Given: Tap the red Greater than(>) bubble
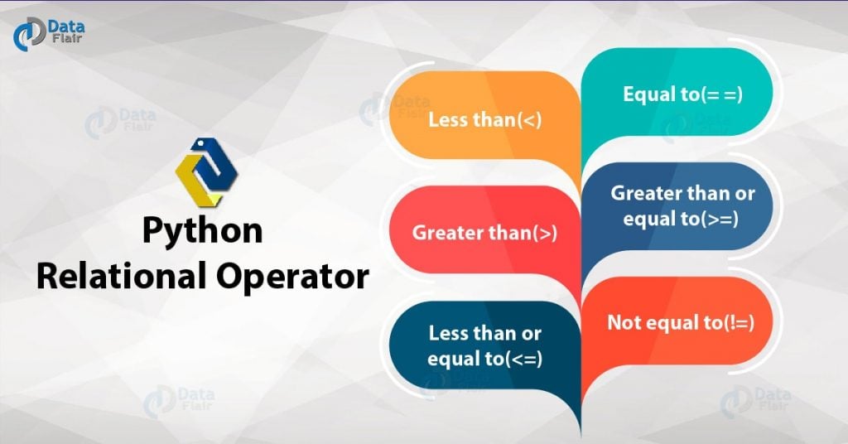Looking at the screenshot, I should pyautogui.click(x=484, y=232).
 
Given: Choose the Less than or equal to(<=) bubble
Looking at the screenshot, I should pyautogui.click(x=484, y=346).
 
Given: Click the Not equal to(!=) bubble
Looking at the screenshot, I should pyautogui.click(x=681, y=321).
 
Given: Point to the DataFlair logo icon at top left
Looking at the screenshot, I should pyautogui.click(x=26, y=36).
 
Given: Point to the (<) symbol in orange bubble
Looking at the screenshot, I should pyautogui.click(x=529, y=120).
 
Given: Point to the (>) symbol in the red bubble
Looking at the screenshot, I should pyautogui.click(x=545, y=234).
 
